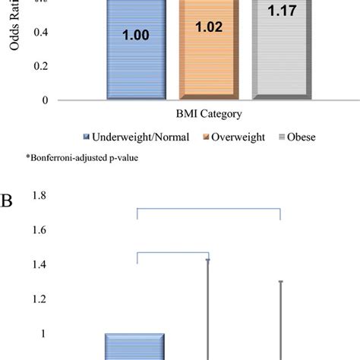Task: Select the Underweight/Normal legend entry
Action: click(x=131, y=137)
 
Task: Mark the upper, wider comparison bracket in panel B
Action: click(x=209, y=208)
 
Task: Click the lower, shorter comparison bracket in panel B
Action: click(x=172, y=254)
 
